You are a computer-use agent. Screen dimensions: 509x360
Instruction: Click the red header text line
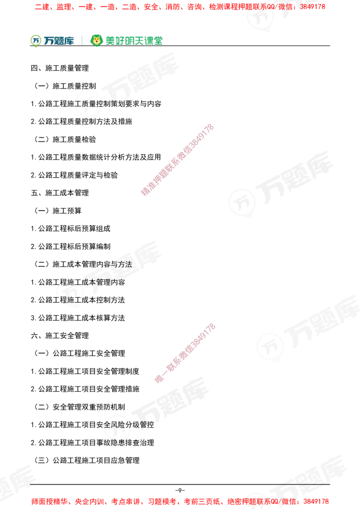point(180,7)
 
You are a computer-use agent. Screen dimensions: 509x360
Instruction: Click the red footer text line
point(180,501)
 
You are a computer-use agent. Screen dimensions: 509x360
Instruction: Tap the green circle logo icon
point(35,40)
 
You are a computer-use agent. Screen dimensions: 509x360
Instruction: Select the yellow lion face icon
point(96,40)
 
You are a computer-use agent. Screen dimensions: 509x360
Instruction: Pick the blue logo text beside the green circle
point(58,40)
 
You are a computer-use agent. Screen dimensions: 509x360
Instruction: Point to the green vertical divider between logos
point(81,40)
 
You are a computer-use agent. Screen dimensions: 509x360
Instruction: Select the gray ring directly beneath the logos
point(88,104)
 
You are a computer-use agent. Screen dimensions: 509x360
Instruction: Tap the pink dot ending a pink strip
point(159,379)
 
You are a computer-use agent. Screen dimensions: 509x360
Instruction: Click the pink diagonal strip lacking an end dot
point(177,160)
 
